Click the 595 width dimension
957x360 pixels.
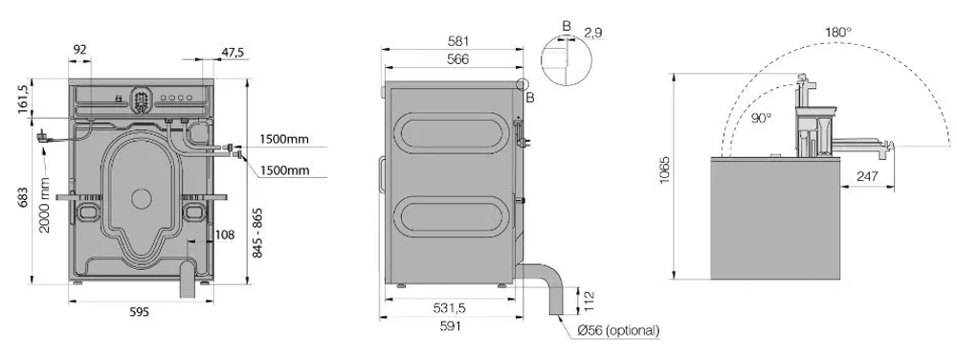(x=139, y=312)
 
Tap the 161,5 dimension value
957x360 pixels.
(x=23, y=99)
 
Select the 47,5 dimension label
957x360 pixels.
(x=233, y=53)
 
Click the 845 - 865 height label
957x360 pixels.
(x=256, y=233)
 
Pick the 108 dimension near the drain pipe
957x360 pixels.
(x=225, y=235)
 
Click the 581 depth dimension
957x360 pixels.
(x=457, y=41)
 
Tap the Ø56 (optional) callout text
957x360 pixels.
(x=618, y=330)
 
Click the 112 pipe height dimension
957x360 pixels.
(x=589, y=300)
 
